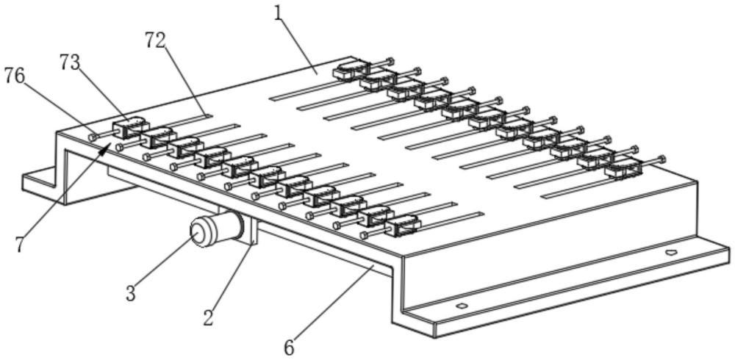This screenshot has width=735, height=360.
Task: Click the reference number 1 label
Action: (x=279, y=14)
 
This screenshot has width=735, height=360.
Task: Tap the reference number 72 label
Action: (x=155, y=42)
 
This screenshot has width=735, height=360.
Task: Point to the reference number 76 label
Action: (x=15, y=75)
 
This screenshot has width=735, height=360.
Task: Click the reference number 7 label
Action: (x=19, y=244)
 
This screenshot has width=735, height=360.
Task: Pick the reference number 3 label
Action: (x=130, y=294)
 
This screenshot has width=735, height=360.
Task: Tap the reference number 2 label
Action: (x=208, y=317)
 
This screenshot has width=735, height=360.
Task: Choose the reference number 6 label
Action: (x=289, y=346)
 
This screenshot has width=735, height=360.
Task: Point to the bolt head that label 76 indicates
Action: (x=93, y=136)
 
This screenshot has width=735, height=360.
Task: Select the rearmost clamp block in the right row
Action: (x=351, y=70)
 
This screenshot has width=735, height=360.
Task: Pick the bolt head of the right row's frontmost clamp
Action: (x=663, y=157)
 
